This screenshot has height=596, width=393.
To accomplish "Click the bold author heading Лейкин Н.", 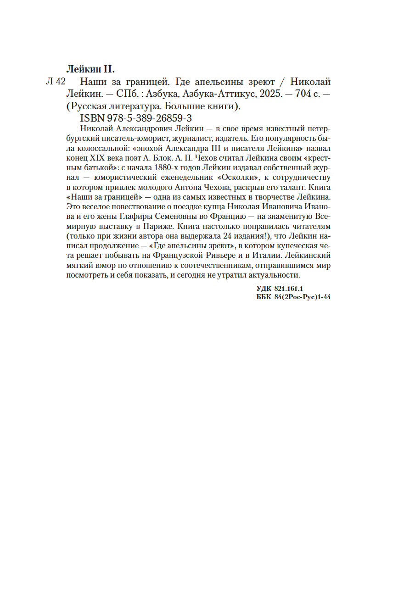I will tap(90, 70).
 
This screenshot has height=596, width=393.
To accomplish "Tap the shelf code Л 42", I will tap(56, 82).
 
